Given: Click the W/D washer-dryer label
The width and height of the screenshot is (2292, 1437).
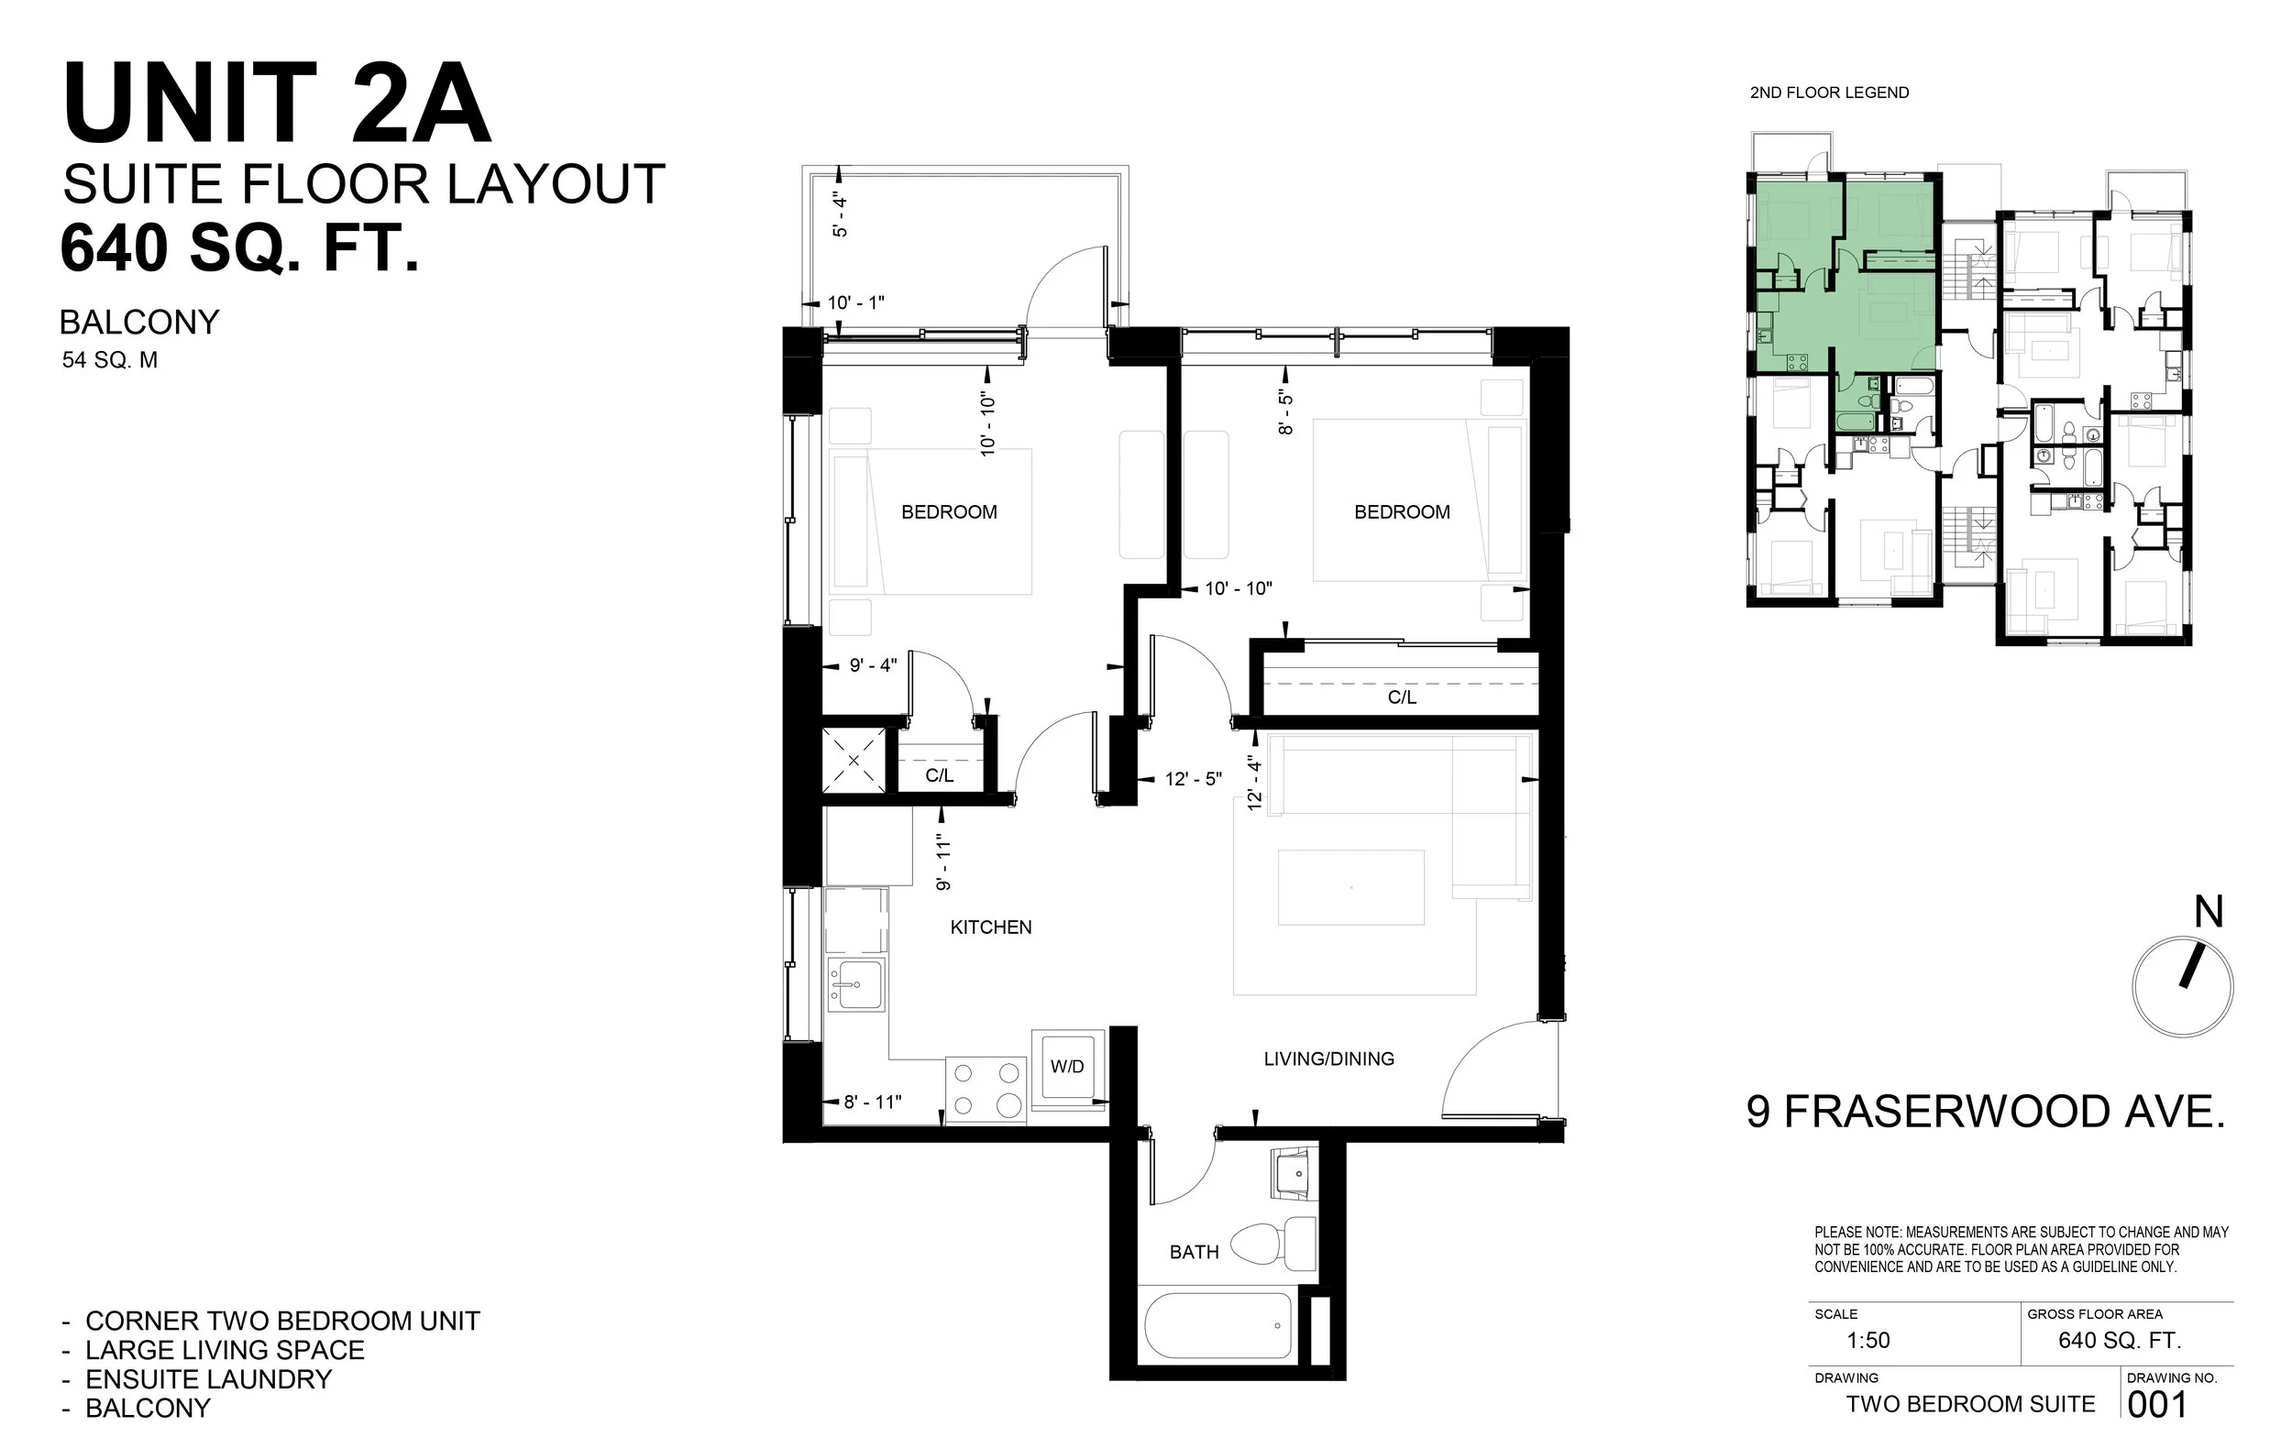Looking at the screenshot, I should pyautogui.click(x=1066, y=1067).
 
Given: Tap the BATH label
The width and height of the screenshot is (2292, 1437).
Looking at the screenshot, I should pyautogui.click(x=1194, y=1252).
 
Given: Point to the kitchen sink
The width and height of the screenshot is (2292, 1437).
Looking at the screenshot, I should pyautogui.click(x=856, y=984).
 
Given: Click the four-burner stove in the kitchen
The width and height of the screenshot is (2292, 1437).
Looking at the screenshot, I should pyautogui.click(x=986, y=1089).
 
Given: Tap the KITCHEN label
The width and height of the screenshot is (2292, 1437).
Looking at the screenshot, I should pyautogui.click(x=990, y=927).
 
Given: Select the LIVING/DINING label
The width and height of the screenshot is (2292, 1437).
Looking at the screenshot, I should pyautogui.click(x=1328, y=1059).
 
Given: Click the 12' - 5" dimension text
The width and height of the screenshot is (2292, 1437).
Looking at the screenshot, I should pyautogui.click(x=1193, y=779).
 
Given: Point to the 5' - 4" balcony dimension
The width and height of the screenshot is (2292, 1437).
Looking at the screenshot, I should pyautogui.click(x=840, y=214).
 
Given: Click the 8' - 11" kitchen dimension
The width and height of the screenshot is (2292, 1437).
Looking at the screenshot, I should pyautogui.click(x=872, y=1102).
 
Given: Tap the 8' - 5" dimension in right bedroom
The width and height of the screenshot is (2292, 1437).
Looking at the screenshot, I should pyautogui.click(x=1286, y=411).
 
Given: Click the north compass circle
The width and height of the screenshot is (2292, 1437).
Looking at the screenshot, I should pyautogui.click(x=2182, y=987).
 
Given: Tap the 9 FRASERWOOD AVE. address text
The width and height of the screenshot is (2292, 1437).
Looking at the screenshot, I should pyautogui.click(x=1986, y=1112).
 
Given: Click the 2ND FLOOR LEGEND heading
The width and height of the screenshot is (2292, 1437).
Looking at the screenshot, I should pyautogui.click(x=1829, y=93).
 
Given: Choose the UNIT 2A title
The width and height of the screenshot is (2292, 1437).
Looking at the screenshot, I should pyautogui.click(x=277, y=103).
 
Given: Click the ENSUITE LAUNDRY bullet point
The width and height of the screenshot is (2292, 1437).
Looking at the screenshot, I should pyautogui.click(x=208, y=1379).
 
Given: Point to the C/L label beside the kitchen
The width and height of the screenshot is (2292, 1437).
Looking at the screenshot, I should pyautogui.click(x=939, y=775).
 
